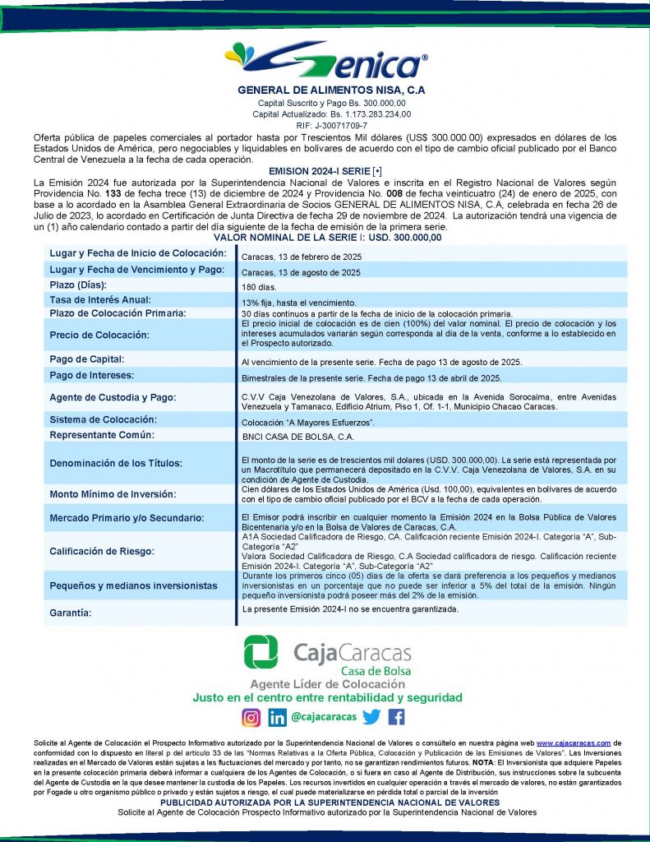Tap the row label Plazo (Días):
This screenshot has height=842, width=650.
(x=80, y=285)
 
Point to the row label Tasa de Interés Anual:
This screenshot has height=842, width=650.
(x=100, y=300)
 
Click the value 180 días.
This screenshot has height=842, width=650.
(x=260, y=287)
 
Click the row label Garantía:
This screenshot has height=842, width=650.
(x=71, y=613)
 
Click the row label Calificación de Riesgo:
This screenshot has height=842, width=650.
(x=102, y=551)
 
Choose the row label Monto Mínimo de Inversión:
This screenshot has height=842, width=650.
(x=113, y=494)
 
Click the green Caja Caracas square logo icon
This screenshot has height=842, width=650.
(x=260, y=652)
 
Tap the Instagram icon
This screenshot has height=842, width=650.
(x=251, y=717)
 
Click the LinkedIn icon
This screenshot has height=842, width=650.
(x=277, y=717)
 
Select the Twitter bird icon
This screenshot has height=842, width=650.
(x=371, y=717)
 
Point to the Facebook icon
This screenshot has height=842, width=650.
(x=396, y=717)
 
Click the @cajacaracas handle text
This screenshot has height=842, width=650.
(x=324, y=717)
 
